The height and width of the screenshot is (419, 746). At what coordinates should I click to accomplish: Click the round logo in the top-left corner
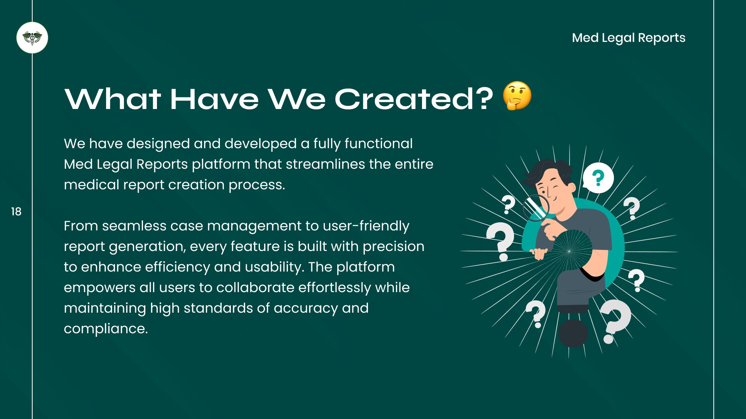(x=32, y=38)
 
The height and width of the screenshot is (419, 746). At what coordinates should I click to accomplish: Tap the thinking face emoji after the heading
(x=517, y=96)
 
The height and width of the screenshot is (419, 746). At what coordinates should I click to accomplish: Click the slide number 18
(x=16, y=211)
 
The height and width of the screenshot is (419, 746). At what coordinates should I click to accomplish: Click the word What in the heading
(x=113, y=99)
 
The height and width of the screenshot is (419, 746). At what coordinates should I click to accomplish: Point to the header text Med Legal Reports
(x=629, y=38)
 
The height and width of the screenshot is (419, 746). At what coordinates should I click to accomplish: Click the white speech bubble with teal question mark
(x=598, y=178)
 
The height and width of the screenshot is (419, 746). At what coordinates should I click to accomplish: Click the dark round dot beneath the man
(x=573, y=333)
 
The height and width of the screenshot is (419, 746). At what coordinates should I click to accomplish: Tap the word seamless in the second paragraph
(x=134, y=226)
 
